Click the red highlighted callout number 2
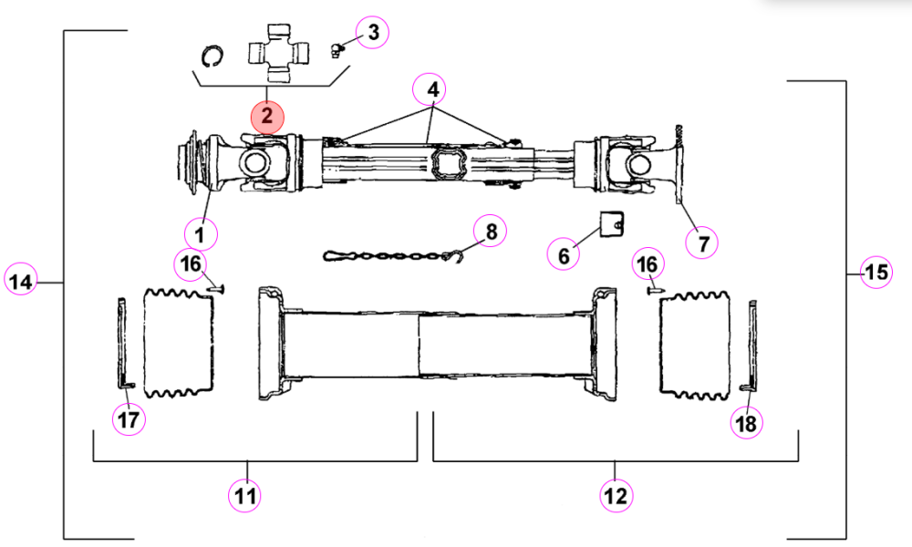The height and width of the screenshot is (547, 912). pos(267,117)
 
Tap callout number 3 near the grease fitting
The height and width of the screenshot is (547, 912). pos(372,32)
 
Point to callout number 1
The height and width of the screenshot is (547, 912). pos(201,235)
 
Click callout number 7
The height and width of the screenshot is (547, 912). pos(702,243)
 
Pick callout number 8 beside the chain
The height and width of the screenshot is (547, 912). pos(490,231)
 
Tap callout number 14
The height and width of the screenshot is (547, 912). pos(20,282)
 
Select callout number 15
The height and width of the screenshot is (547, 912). pos(876,272)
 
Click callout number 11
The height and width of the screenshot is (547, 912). pos(244,496)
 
